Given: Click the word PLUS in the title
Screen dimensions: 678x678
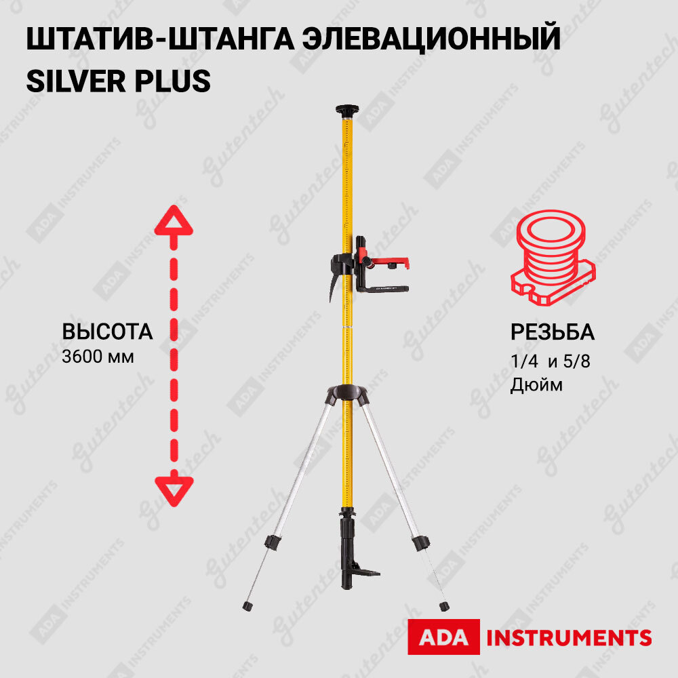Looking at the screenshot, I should click(178, 81).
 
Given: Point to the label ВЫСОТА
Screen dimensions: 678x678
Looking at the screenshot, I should click(107, 332).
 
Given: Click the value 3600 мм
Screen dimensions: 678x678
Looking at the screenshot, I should click(98, 355).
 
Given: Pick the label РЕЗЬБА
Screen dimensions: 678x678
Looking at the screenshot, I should click(552, 332).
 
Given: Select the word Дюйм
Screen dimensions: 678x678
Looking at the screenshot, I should click(536, 385).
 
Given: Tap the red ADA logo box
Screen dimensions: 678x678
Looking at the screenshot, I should click(443, 637).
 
